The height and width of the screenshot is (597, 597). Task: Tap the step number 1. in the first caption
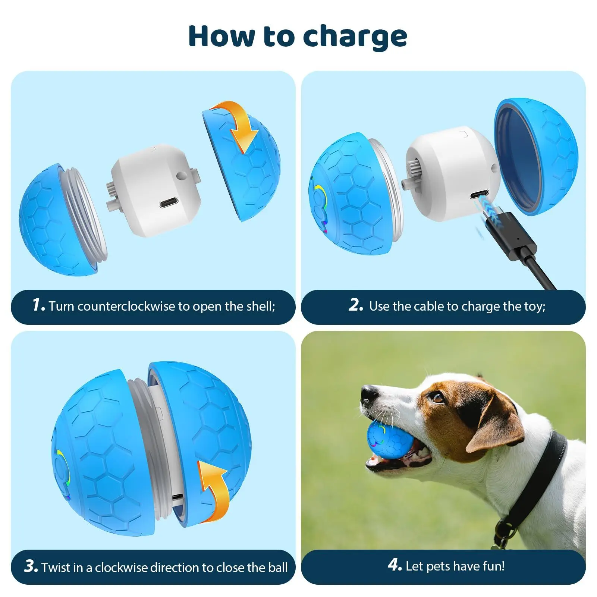tap(38, 305)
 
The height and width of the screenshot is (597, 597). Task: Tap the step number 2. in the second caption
tap(356, 305)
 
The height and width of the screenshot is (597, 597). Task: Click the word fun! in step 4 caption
tap(492, 566)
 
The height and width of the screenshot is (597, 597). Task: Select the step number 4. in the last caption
tap(395, 565)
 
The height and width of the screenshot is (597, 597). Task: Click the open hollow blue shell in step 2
tap(535, 157)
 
